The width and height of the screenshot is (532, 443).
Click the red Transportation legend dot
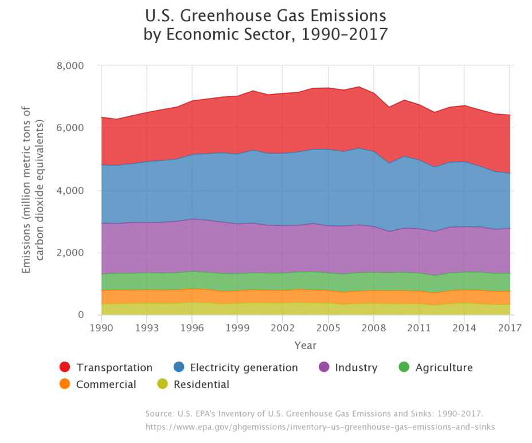pos(65,367)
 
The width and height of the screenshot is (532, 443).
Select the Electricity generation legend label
pos(244,368)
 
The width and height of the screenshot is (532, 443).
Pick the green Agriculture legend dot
pos(405,367)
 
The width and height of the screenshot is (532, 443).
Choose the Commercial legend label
pos(106,385)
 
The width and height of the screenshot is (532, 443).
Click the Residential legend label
pos(201,385)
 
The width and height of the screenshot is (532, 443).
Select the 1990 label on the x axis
pos(101,328)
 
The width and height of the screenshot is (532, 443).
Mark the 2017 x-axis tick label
pos(509,328)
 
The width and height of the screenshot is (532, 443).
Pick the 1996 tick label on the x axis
pos(192,328)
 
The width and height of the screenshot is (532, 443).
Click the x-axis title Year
pos(305,346)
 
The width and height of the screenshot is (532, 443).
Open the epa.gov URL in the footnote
pos(320,427)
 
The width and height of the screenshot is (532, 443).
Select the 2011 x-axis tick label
pos(418,328)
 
